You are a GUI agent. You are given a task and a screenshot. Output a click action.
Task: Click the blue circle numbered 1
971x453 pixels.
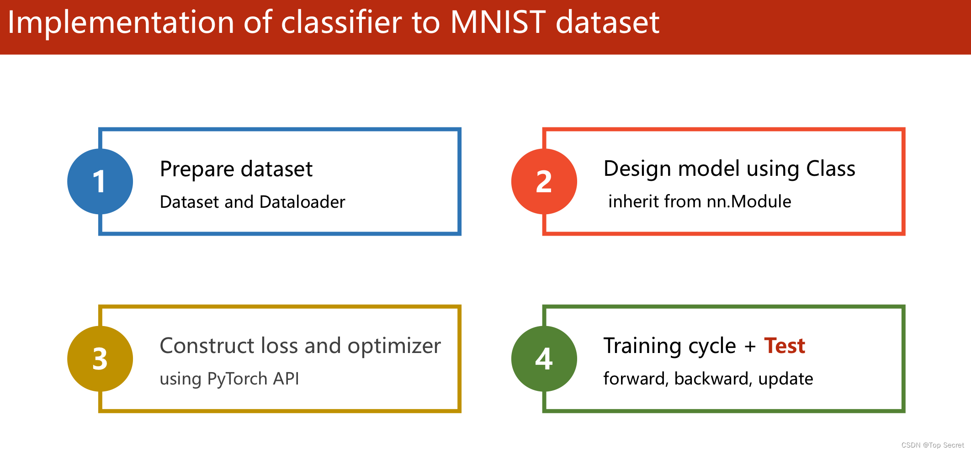pyautogui.click(x=100, y=181)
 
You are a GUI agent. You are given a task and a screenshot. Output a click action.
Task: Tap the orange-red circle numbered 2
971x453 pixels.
pyautogui.click(x=544, y=181)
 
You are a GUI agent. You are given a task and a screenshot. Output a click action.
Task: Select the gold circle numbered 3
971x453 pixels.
pyautogui.click(x=100, y=358)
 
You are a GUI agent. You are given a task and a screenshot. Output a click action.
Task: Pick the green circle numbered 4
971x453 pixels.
pyautogui.click(x=544, y=358)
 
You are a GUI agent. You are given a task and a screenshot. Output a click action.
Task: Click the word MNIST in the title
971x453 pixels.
pyautogui.click(x=498, y=22)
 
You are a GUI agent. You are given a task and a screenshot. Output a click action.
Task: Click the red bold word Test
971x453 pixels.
pyautogui.click(x=785, y=346)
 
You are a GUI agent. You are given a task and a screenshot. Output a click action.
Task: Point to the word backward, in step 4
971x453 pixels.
pyautogui.click(x=712, y=379)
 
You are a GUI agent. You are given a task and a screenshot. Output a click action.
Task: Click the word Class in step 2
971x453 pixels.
pyautogui.click(x=831, y=169)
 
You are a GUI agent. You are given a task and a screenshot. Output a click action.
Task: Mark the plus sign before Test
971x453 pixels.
pyautogui.click(x=750, y=347)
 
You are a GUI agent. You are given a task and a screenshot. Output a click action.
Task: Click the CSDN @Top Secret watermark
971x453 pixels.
pyautogui.click(x=933, y=445)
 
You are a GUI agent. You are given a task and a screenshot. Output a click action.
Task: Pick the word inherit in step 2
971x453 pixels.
pyautogui.click(x=632, y=201)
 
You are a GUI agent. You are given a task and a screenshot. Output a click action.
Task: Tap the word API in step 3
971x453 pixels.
pyautogui.click(x=286, y=379)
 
